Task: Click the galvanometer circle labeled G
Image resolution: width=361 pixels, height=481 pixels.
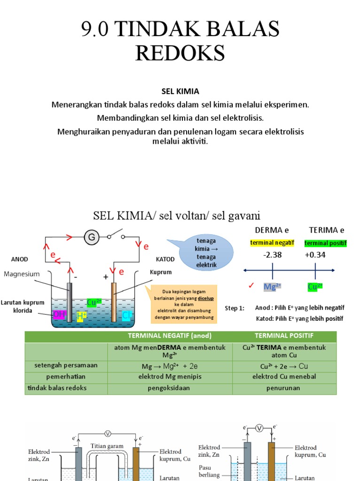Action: click(x=92, y=238)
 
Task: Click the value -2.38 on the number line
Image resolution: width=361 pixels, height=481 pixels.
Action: click(x=273, y=255)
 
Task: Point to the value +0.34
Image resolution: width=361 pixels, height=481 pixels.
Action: click(x=315, y=255)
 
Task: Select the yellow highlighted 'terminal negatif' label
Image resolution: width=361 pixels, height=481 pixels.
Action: click(x=272, y=243)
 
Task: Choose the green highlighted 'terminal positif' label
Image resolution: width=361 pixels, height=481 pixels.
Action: click(x=325, y=243)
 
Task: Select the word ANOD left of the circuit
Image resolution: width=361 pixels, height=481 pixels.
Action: click(x=20, y=259)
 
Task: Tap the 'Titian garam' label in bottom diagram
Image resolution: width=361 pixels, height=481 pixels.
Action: click(x=108, y=446)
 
